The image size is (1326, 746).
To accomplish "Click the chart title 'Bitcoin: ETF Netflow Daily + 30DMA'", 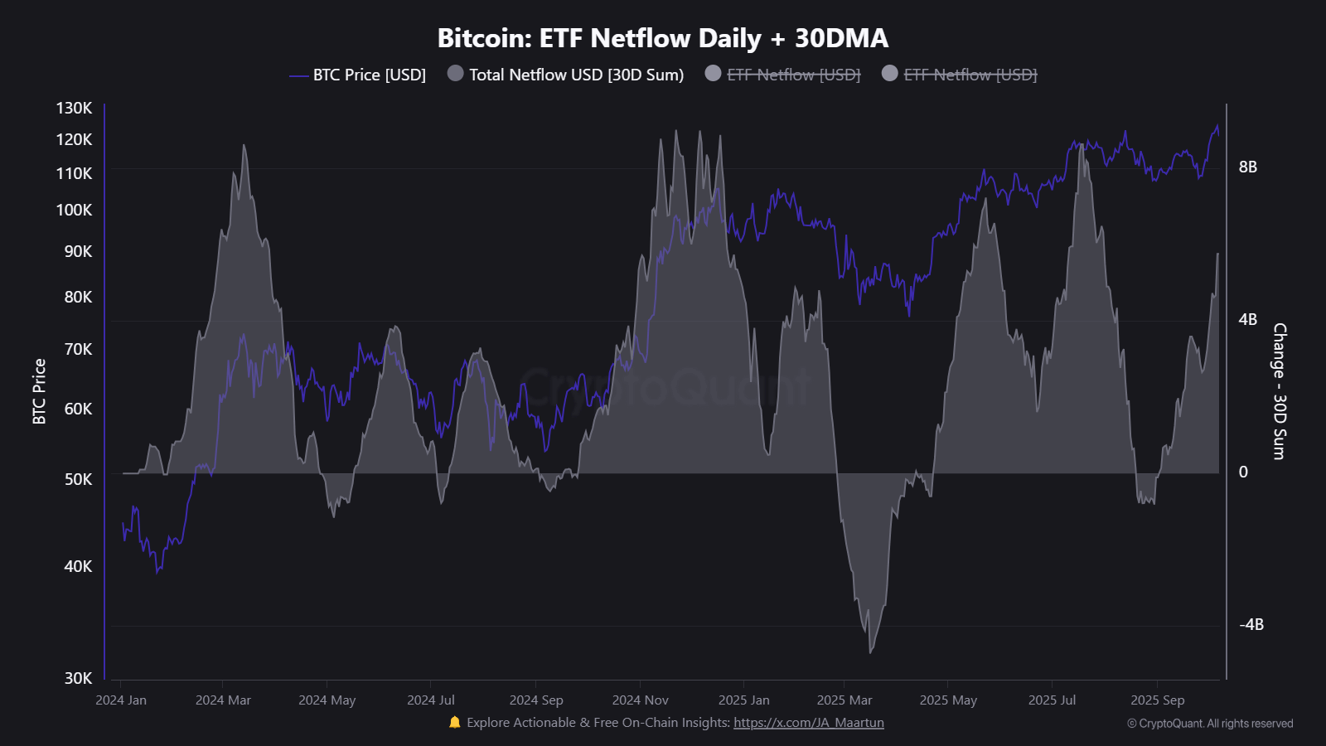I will (x=662, y=38).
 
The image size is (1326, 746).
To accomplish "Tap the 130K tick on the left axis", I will (x=75, y=108).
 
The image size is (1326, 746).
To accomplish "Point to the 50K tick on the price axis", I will (x=78, y=479).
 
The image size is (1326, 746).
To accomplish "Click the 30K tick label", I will (x=78, y=678).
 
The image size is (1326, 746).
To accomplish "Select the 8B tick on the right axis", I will (x=1247, y=167).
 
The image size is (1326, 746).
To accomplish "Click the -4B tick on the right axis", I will (x=1251, y=625).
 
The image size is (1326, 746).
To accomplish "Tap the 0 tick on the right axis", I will (x=1243, y=472).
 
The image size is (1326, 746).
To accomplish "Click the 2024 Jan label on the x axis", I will (x=121, y=700).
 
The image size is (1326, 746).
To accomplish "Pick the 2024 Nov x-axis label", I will (x=640, y=700).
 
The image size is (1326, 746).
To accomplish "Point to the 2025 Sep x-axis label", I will (x=1157, y=700).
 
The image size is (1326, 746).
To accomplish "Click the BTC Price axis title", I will (x=39, y=391).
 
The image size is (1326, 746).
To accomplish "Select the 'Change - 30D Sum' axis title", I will (x=1280, y=391).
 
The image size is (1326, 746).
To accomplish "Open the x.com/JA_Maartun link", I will (x=808, y=723).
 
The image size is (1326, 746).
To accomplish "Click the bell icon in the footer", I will (x=454, y=723).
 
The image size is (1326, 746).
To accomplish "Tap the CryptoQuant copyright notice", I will (x=1209, y=724).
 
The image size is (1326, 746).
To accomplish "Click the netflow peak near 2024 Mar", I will (x=244, y=146).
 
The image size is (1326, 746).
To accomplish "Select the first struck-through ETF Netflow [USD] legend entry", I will (x=793, y=75).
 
